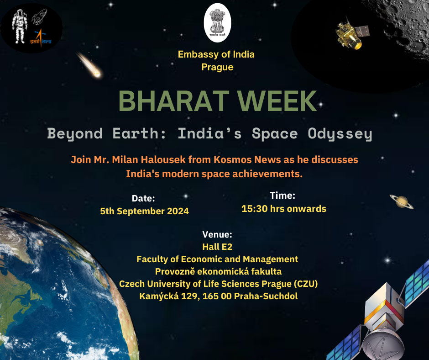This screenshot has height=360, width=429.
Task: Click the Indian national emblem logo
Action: pyautogui.click(x=218, y=23)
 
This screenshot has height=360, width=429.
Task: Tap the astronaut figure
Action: pyautogui.click(x=20, y=26)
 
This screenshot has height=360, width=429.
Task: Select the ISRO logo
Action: pyautogui.click(x=41, y=38)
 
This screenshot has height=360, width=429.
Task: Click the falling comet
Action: pyautogui.click(x=90, y=65)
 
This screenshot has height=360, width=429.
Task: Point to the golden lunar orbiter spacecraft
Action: pyautogui.click(x=351, y=34)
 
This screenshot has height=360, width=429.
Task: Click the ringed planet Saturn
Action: pyautogui.click(x=401, y=201)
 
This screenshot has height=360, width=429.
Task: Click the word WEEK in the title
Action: pyautogui.click(x=277, y=101)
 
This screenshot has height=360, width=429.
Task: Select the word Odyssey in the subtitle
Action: pyautogui.click(x=340, y=134)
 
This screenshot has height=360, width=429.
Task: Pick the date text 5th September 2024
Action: pyautogui.click(x=145, y=211)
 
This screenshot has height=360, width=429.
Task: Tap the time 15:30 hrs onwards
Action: pyautogui.click(x=284, y=209)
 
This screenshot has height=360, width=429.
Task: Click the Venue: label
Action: pyautogui.click(x=217, y=234)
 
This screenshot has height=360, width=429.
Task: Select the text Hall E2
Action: pyautogui.click(x=217, y=247)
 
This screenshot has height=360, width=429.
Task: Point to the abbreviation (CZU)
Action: pyautogui.click(x=306, y=284)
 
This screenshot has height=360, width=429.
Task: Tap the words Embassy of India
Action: pyautogui.click(x=216, y=54)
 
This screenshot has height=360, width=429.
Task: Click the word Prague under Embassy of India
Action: pyautogui.click(x=218, y=68)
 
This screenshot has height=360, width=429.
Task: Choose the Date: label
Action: pyautogui.click(x=143, y=198)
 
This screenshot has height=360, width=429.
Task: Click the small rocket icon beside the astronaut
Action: pyautogui.click(x=39, y=16)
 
